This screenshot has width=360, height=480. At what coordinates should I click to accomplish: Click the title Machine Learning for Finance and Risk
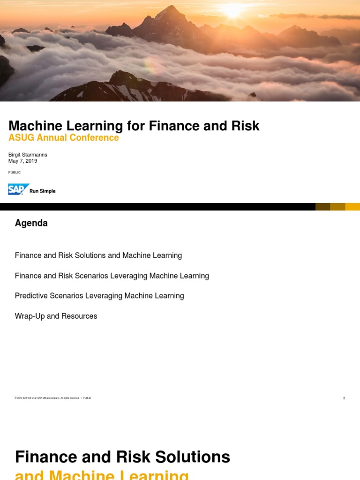(134, 126)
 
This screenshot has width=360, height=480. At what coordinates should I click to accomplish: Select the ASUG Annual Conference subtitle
(63, 138)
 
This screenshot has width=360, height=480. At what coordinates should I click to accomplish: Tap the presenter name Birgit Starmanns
(28, 155)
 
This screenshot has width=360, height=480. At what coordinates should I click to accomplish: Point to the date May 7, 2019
(22, 161)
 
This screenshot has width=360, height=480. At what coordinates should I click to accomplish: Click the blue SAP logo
(18, 189)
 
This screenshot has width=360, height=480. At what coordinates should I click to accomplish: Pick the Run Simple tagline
(43, 191)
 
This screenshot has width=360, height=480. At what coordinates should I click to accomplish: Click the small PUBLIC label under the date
(15, 172)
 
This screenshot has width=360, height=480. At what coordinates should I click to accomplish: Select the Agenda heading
(31, 223)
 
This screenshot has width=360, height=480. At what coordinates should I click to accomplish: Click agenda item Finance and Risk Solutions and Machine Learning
(98, 255)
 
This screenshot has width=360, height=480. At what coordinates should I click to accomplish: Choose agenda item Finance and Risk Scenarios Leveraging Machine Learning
(112, 276)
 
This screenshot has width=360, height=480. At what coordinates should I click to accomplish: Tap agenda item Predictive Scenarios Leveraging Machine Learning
(99, 296)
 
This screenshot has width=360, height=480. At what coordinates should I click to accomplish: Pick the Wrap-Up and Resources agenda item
(56, 316)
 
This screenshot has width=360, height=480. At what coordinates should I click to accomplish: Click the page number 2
(344, 398)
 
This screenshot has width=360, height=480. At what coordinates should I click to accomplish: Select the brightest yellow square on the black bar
(352, 207)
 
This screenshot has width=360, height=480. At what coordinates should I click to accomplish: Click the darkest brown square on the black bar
(322, 207)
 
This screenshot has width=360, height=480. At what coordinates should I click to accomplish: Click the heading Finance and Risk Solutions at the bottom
(122, 457)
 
